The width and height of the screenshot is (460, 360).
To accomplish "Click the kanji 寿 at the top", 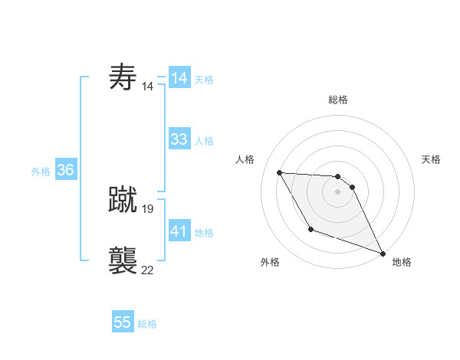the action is tap(123, 77).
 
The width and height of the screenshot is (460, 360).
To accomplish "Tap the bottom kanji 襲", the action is tap(123, 261).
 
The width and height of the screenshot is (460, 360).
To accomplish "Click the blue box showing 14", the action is tap(179, 78).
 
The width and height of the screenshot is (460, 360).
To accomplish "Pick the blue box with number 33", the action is tap(179, 139).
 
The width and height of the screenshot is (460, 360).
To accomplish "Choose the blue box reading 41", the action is tap(179, 231).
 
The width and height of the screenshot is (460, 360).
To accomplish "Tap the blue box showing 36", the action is tap(65, 170).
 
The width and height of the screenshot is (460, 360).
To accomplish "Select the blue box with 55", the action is tap(123, 322).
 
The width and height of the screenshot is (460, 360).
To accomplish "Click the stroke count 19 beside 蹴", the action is tap(148, 208).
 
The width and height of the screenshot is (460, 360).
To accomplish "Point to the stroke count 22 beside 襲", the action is tap(148, 270).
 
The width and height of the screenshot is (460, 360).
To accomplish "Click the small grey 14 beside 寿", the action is tap(148, 87).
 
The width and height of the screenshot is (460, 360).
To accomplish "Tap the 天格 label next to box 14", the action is tap(204, 79).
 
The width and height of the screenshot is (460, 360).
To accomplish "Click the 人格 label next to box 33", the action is tap(204, 141).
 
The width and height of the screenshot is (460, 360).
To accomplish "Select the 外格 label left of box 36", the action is tap(41, 172).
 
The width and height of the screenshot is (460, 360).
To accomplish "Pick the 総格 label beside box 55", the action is tap(147, 324).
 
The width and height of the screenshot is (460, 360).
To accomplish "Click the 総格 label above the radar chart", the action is tap(337, 100).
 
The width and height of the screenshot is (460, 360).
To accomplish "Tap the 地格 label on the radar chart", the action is tap(402, 262).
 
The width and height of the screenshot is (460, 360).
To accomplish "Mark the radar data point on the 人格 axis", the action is tap(279, 172).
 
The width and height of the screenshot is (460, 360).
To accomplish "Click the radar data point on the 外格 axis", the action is tap(310, 229).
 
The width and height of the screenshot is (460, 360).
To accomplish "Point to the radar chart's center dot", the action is tap(337, 191).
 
